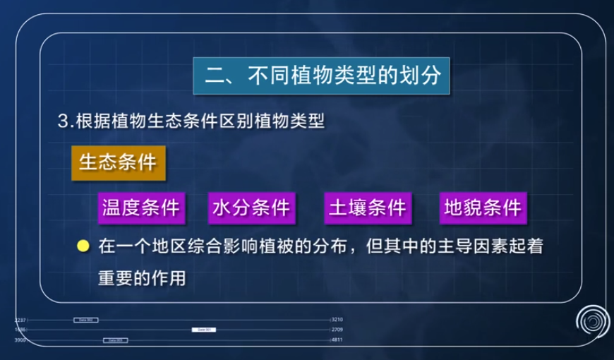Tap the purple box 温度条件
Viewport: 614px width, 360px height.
pyautogui.click(x=140, y=208)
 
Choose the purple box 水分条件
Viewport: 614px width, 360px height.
pyautogui.click(x=251, y=208)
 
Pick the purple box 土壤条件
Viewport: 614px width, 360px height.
pyautogui.click(x=367, y=208)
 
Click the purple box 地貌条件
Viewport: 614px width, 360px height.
pyautogui.click(x=483, y=208)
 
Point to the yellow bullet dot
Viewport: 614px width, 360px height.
pyautogui.click(x=83, y=246)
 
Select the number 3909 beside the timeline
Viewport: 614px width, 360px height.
pyautogui.click(x=20, y=340)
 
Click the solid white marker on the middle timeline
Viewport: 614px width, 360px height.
pyautogui.click(x=203, y=330)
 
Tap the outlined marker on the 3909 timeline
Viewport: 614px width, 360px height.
pyautogui.click(x=115, y=340)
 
